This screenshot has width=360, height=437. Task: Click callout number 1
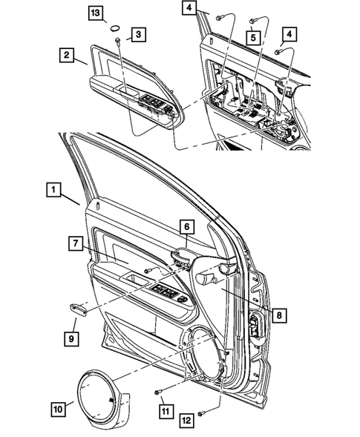click(x=53, y=189)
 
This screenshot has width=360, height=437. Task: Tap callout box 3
click(x=139, y=34)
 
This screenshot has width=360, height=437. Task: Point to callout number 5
click(x=254, y=34)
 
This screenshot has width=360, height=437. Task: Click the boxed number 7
click(x=76, y=243)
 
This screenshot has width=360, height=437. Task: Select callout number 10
click(x=57, y=407)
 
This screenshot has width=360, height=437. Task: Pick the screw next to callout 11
click(x=158, y=390)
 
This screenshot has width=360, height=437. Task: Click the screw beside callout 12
click(x=202, y=410)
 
